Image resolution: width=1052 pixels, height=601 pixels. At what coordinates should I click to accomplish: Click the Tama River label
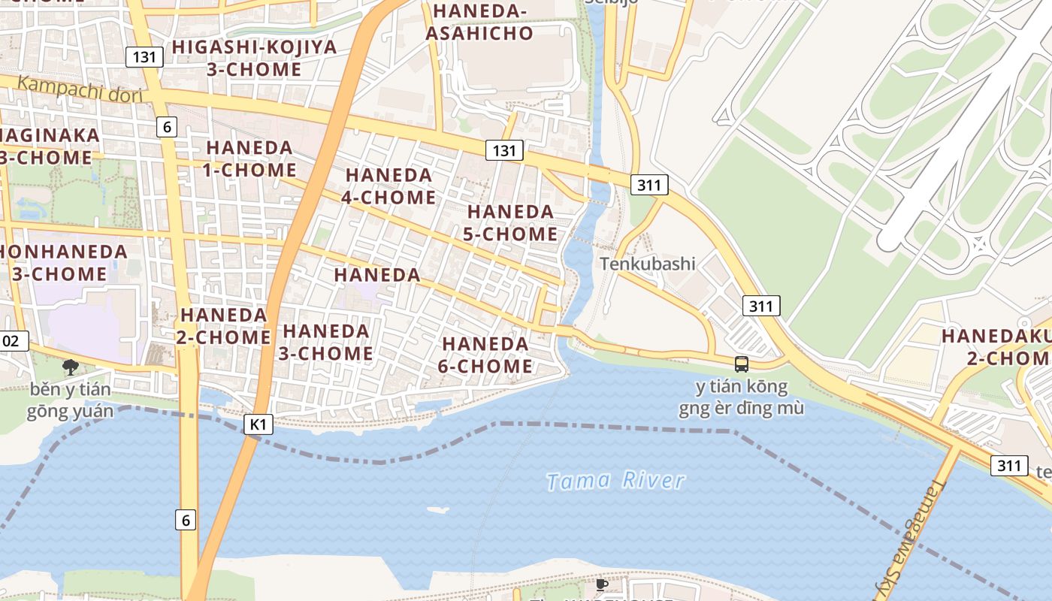pos(615,481)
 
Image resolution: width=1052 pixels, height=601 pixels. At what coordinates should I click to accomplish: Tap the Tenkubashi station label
pos(647,264)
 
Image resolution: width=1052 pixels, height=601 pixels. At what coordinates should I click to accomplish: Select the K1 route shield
pos(258,424)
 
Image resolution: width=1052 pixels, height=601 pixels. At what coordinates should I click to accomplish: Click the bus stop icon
pos(741,364)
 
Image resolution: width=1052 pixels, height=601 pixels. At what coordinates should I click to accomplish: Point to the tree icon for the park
pos(71,367)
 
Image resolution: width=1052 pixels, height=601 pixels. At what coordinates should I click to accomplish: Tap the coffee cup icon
pos(601,584)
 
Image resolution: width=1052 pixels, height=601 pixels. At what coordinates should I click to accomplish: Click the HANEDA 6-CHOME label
pos(487,355)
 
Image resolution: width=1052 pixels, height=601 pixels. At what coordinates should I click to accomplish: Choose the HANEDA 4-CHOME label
pos(389,186)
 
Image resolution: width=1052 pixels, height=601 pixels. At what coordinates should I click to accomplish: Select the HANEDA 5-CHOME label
pos(510,222)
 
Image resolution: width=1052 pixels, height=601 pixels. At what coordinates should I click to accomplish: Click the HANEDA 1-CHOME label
pos(250,159)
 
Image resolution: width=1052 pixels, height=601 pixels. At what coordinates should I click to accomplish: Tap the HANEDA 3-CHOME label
pos(326,342)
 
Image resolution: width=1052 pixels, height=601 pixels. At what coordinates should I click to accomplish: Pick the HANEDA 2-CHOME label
pos(224,325)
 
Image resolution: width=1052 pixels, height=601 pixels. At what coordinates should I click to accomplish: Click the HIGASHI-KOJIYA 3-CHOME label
pos(254,58)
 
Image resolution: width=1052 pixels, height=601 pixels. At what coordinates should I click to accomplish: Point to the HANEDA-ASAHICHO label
pos(479,22)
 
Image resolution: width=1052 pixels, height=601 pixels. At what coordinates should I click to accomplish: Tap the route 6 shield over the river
pos(186,519)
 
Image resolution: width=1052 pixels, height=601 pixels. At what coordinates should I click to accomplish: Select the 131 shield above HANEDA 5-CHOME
pos(503,150)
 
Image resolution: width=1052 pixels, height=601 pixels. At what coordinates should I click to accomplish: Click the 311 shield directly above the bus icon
pos(761,306)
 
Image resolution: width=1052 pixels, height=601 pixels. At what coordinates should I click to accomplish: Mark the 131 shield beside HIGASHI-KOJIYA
pos(144,56)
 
